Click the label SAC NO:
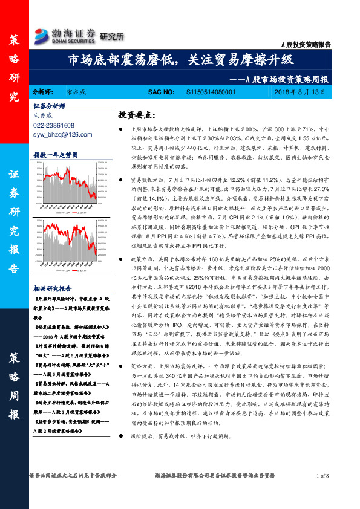click(x=162, y=92)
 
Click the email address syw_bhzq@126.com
click(x=59, y=134)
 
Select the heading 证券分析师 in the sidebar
click(x=48, y=106)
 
